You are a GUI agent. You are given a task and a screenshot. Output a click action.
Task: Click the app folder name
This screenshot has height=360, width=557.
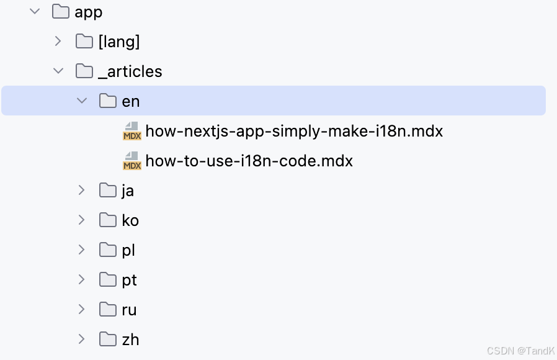coord(89,12)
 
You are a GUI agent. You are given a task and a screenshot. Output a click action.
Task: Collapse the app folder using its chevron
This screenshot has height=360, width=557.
coord(35,11)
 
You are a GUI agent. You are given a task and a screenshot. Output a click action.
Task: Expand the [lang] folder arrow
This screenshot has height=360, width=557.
coord(58,41)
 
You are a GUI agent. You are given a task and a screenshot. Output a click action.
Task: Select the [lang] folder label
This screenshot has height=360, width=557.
coord(119,42)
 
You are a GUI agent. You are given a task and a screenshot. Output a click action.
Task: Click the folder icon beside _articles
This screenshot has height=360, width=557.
coord(84,71)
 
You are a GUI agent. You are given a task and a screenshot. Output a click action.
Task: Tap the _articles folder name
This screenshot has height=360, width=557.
coord(130,71)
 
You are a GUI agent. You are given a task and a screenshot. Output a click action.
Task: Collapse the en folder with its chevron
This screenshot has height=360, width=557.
coord(82,101)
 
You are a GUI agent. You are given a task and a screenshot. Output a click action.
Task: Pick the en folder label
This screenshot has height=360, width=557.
coord(131,101)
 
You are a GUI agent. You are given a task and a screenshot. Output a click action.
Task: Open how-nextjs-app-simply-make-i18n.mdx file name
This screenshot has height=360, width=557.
coord(294,131)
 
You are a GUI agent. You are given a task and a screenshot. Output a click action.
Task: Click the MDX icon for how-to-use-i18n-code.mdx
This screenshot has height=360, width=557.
coord(131,161)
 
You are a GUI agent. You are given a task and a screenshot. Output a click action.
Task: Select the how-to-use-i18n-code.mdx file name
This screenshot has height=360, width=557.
coord(249,161)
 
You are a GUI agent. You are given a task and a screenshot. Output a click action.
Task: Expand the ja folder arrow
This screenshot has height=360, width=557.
coord(82,190)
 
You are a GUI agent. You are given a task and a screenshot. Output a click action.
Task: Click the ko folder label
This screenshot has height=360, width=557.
coord(130,220)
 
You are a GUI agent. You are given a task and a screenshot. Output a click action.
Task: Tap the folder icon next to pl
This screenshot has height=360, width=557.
coord(108,250)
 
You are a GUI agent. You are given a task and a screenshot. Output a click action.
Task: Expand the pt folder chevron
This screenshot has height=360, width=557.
coord(82,279)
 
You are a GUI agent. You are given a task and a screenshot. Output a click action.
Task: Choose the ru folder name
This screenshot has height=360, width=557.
coord(129,310)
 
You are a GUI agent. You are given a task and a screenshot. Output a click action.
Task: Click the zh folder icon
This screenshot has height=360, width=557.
coord(108,340)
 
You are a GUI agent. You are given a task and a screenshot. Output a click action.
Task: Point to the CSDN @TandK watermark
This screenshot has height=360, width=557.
coord(520,351)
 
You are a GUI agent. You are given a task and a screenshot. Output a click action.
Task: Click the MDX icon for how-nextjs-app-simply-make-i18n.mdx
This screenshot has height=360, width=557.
coord(131,131)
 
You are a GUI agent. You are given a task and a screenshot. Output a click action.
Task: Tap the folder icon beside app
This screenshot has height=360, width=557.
coord(60,12)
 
